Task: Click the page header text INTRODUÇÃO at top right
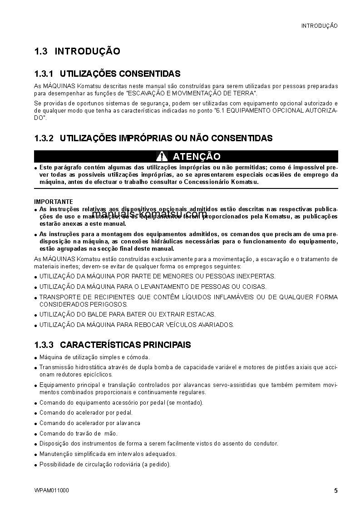coord(319,26)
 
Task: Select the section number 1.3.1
coord(44,74)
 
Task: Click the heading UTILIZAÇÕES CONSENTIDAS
coord(120,74)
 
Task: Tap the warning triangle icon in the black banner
coord(162,157)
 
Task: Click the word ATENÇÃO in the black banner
coord(197,157)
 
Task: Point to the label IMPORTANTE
coord(54,202)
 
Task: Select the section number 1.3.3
coord(44,345)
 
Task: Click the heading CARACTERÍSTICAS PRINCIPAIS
coord(125,345)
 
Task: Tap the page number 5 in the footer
coord(335,490)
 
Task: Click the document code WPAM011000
coord(52,491)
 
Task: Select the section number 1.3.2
coord(44,138)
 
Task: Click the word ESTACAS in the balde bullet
coord(203,314)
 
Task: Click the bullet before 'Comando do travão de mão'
coord(36,434)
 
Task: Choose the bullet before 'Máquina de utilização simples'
coord(36,357)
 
